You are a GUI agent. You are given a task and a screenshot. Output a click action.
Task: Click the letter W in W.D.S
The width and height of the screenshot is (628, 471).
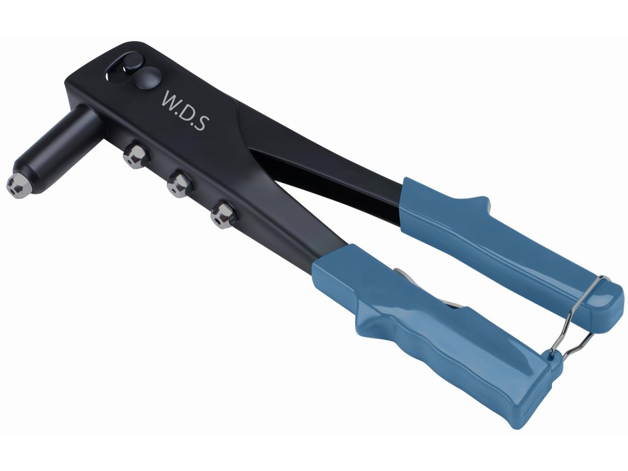pyautogui.click(x=172, y=99)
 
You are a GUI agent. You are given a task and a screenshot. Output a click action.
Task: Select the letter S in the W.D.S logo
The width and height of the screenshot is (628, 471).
pyautogui.click(x=201, y=123)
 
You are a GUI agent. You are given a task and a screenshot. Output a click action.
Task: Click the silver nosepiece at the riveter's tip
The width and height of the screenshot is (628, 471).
pyautogui.click(x=17, y=186)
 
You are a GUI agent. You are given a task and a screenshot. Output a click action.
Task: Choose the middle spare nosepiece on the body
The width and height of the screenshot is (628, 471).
pyautogui.click(x=180, y=185)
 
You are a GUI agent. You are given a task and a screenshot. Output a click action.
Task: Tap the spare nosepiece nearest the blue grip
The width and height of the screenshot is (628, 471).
pyautogui.click(x=223, y=215)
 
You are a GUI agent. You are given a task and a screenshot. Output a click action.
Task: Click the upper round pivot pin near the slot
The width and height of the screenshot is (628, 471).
pyautogui.click(x=133, y=61)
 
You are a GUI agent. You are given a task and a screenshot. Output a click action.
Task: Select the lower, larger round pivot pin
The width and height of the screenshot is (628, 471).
pyautogui.click(x=147, y=78)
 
